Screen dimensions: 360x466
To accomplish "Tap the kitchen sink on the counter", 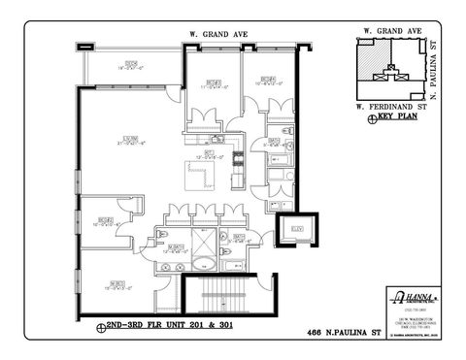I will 221,144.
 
